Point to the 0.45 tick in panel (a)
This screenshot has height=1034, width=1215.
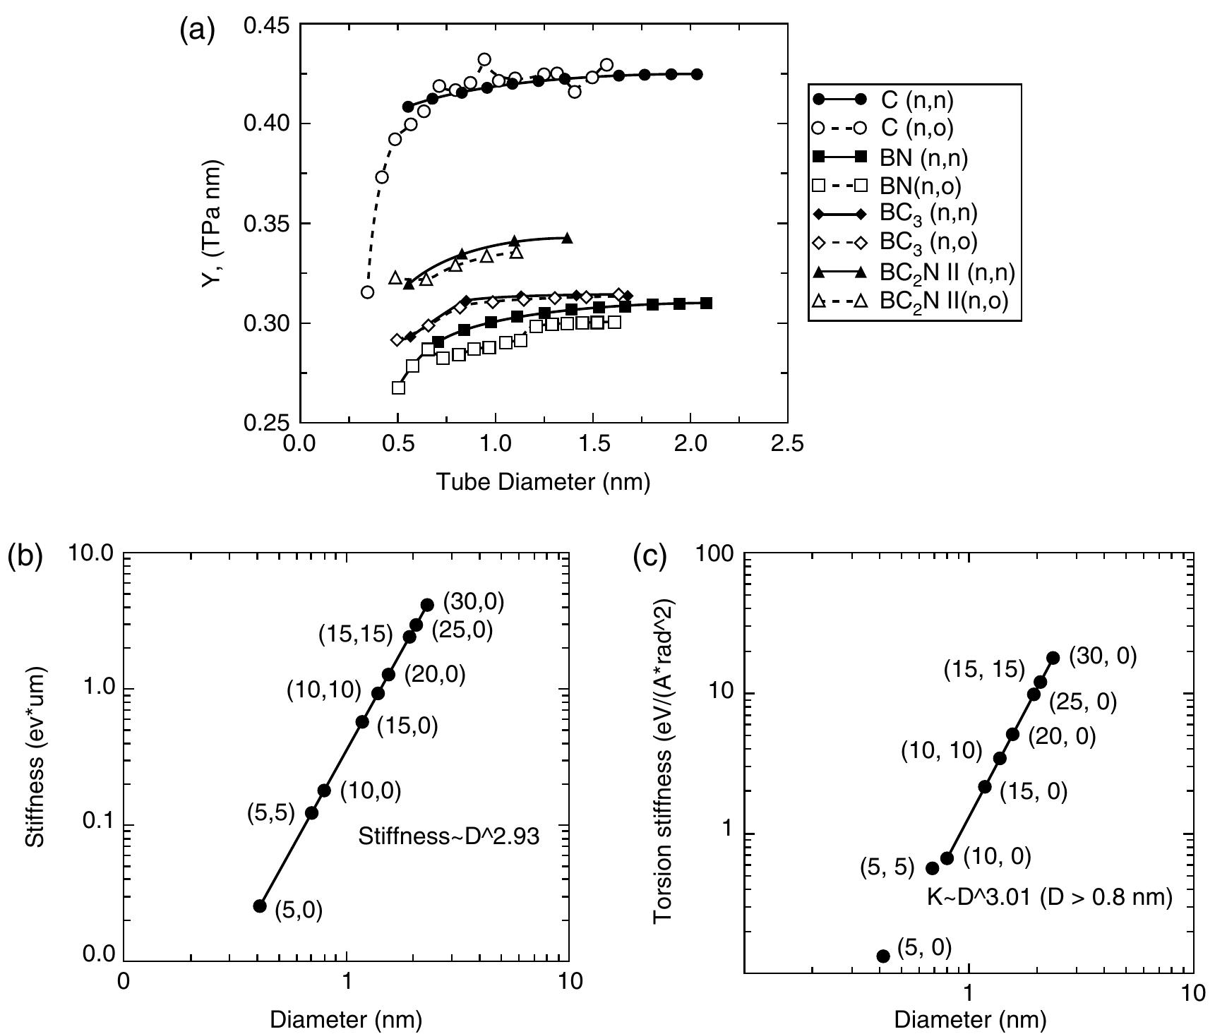(266, 26)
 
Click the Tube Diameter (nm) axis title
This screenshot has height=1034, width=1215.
(543, 482)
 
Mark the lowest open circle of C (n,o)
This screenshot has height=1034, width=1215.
(367, 291)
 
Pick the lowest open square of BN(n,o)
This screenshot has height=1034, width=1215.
(398, 387)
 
